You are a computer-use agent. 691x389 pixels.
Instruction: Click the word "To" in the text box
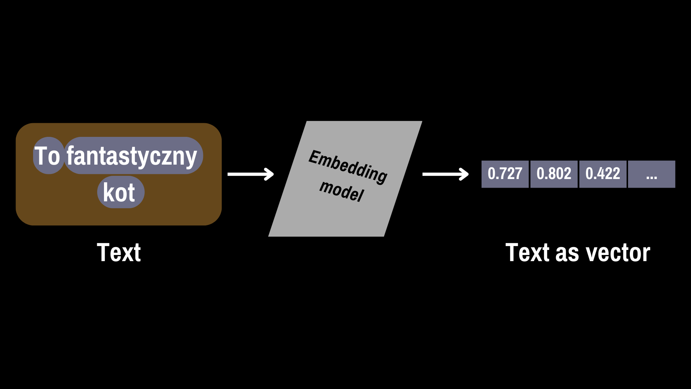(47, 156)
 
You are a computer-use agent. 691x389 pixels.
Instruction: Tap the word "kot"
(119, 192)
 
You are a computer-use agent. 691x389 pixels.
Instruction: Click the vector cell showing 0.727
(505, 174)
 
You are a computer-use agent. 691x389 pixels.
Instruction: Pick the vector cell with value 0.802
(554, 174)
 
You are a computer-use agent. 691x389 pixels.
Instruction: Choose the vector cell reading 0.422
(603, 174)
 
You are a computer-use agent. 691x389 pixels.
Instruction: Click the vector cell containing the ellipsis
(651, 174)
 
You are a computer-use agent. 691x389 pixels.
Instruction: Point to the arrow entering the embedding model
(251, 174)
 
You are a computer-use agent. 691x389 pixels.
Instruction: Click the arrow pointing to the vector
(446, 174)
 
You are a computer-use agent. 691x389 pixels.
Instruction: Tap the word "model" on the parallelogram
(342, 191)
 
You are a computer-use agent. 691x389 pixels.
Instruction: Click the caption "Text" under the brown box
(119, 252)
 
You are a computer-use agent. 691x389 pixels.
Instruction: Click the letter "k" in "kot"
(109, 192)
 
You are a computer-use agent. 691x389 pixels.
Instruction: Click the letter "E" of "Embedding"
(315, 157)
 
